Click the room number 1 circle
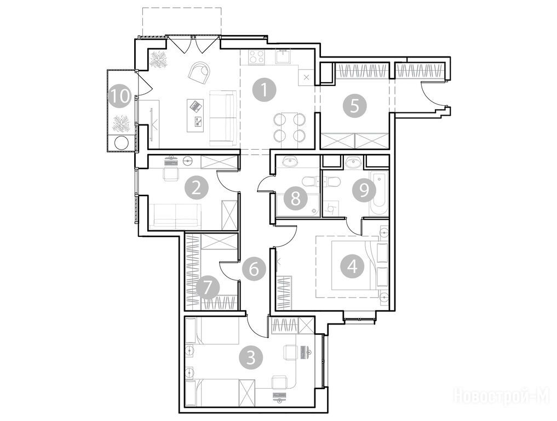coord(265,90)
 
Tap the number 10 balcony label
coord(120,96)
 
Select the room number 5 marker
coord(354,106)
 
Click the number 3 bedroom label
coord(251,358)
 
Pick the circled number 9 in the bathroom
coord(364,190)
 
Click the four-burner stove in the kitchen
coord(257,57)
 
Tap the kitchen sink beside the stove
coord(284,56)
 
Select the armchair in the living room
coord(200,72)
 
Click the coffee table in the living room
coord(196,115)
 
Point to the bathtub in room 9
coord(377,193)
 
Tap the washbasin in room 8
coord(291,162)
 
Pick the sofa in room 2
coord(175,216)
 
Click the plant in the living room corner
coord(159,60)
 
